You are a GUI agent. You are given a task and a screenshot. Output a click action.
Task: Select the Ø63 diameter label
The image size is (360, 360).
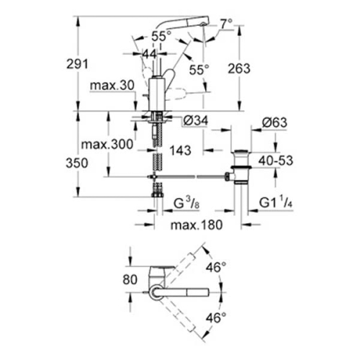point(273,122)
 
